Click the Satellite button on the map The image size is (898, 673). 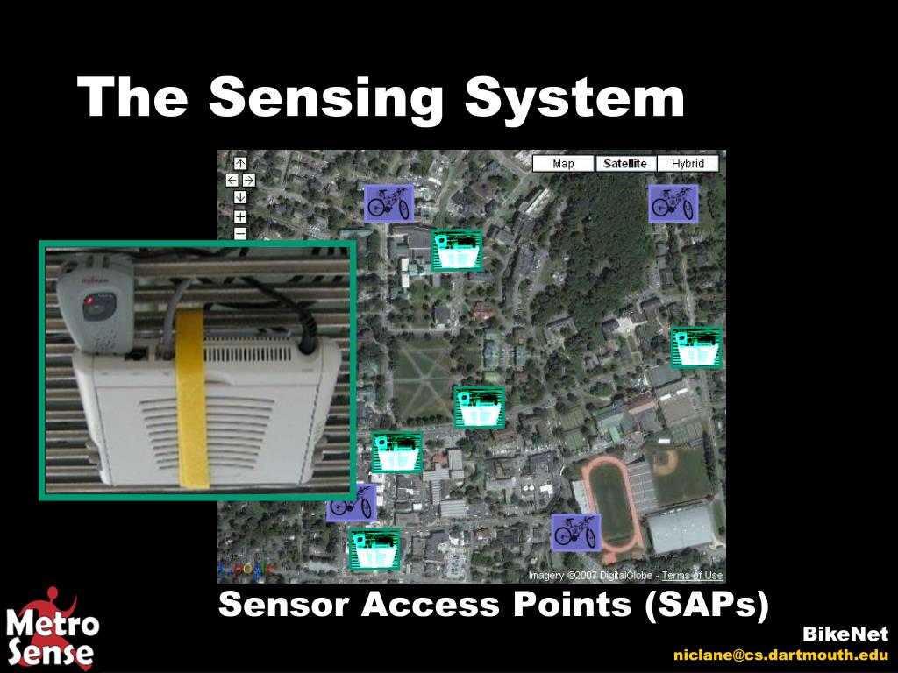(625, 164)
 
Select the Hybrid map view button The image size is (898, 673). (688, 164)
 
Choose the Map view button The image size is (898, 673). (563, 164)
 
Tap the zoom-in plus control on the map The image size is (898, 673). (240, 216)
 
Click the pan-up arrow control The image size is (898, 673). (240, 163)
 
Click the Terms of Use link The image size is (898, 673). (692, 576)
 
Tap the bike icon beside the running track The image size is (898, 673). (575, 532)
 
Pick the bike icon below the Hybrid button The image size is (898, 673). (673, 203)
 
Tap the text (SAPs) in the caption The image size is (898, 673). (707, 605)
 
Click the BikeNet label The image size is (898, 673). (845, 634)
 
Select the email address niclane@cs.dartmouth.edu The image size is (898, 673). (780, 655)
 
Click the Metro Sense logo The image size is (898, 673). (53, 628)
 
